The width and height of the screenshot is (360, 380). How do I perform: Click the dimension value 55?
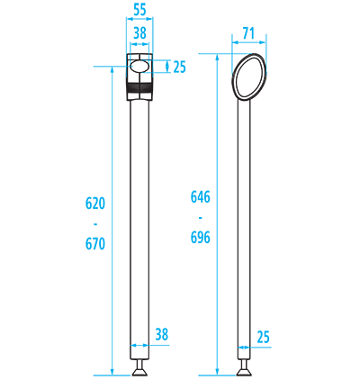tap(139, 10)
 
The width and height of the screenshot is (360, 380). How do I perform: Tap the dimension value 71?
tap(248, 33)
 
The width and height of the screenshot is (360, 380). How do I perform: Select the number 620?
tap(95, 204)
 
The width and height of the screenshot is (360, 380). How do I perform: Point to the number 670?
tap(95, 244)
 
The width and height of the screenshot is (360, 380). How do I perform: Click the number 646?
tap(201, 197)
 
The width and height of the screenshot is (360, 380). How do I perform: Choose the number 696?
tap(201, 238)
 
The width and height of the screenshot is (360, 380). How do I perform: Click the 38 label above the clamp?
tap(139, 33)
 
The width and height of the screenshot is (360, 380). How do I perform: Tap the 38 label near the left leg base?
tap(162, 334)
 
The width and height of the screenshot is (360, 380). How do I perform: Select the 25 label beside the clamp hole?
tap(180, 67)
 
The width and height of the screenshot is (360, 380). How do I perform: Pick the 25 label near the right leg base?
tap(264, 337)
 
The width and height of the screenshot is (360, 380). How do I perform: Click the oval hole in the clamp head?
tap(139, 67)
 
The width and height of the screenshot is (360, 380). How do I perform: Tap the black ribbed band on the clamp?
tap(139, 87)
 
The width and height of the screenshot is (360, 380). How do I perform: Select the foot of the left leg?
tap(139, 368)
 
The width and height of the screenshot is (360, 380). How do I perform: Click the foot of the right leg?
tap(244, 368)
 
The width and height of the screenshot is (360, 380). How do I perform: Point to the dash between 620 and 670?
tap(95, 224)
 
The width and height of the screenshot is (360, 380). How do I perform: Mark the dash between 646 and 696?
tap(201, 217)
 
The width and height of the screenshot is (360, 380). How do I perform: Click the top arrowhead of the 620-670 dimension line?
tap(112, 69)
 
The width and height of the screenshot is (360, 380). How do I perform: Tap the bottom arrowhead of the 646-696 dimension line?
tap(217, 372)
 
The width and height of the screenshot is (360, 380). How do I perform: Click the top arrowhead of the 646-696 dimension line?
tap(217, 57)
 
